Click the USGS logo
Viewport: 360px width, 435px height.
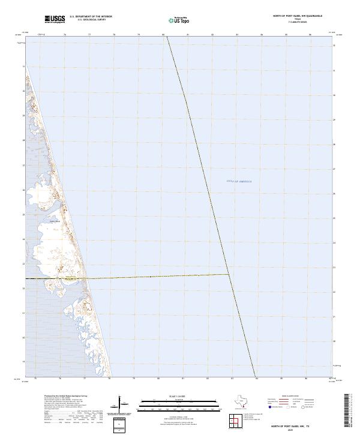55,19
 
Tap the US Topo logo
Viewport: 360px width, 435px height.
178,20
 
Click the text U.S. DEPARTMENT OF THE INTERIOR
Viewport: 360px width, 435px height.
91,17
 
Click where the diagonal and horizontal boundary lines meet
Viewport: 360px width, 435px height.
230,275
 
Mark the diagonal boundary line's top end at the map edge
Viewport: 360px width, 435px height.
166,36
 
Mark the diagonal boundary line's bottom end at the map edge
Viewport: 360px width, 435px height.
256,377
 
